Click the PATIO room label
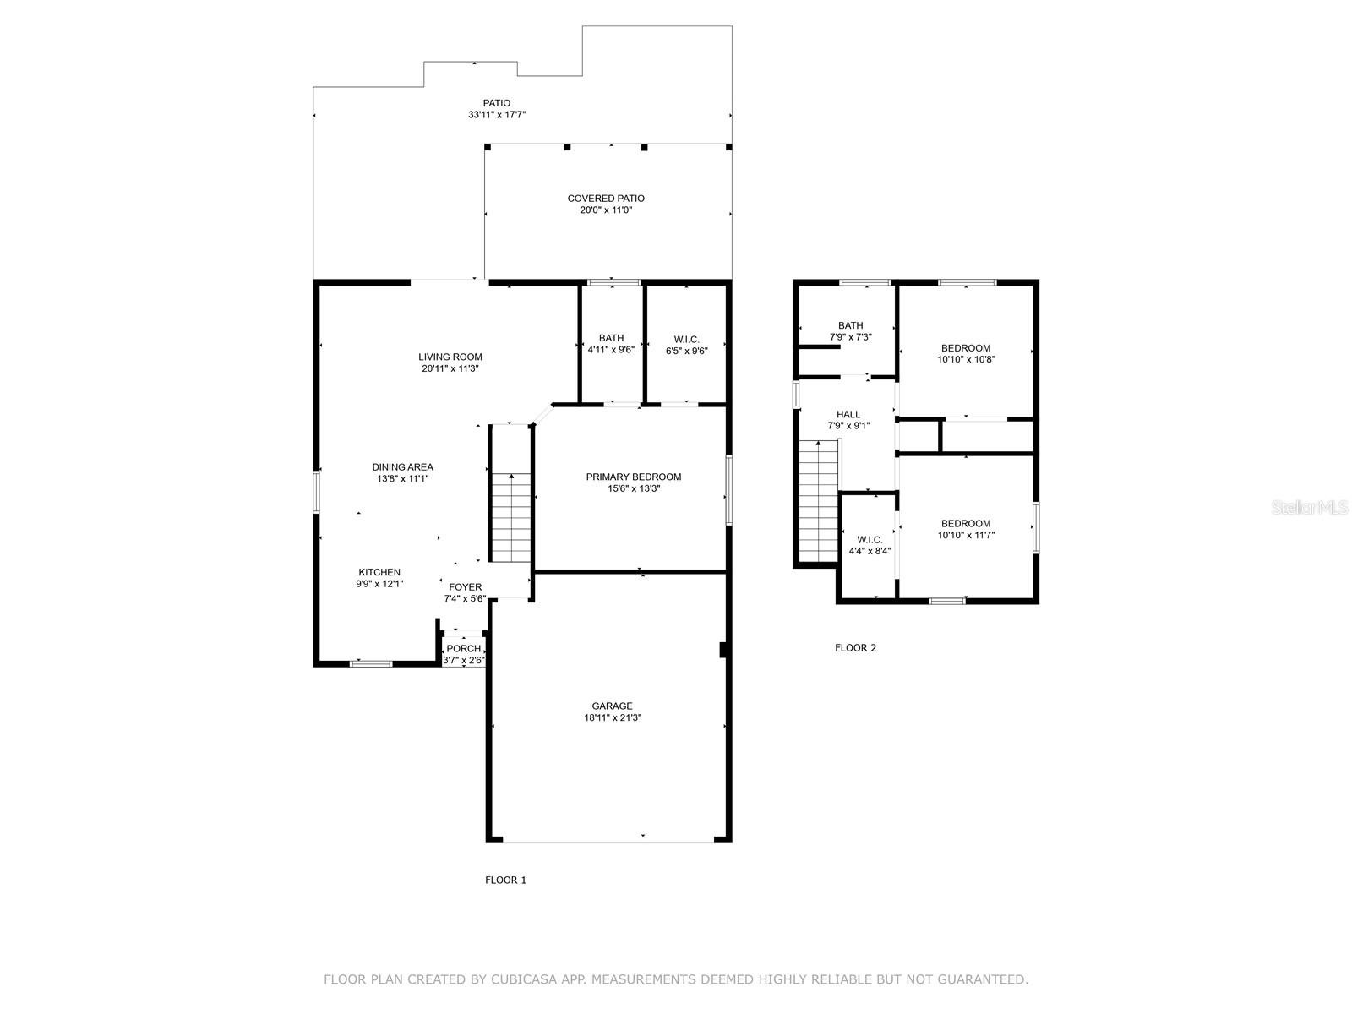point(497,103)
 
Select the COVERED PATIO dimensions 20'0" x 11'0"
point(606,210)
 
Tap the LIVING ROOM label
point(450,357)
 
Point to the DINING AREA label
point(402,467)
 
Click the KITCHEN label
point(379,573)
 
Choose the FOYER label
point(465,587)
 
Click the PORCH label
point(463,649)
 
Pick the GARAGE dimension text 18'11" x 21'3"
point(613,718)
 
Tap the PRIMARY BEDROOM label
point(633,477)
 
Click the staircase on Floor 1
point(510,518)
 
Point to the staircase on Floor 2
point(819,501)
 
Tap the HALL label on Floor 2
point(848,414)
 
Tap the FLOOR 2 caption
point(855,647)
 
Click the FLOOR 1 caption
point(505,880)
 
